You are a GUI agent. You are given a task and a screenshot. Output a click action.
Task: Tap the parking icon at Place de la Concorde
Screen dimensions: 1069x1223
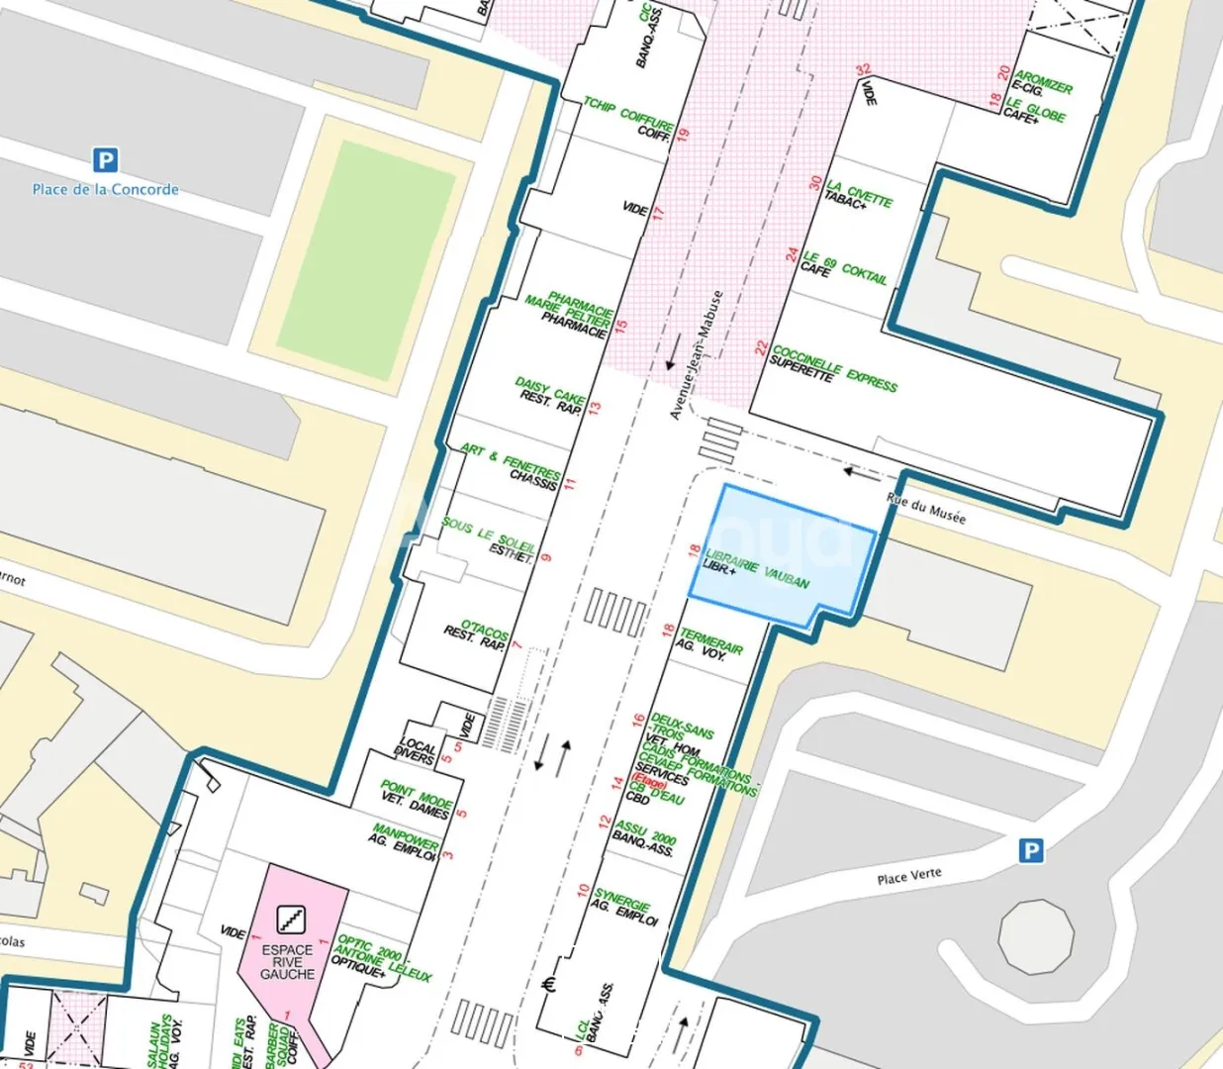105,159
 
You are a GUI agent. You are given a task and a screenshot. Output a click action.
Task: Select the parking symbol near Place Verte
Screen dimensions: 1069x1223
1031,850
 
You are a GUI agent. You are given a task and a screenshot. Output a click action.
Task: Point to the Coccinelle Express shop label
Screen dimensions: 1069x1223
833,368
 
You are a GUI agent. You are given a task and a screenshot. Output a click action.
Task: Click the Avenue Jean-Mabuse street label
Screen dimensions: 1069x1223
697,354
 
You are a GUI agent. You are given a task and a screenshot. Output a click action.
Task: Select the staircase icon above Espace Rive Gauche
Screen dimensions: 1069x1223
290,920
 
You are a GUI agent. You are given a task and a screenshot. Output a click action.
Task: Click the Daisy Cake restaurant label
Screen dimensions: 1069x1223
550,394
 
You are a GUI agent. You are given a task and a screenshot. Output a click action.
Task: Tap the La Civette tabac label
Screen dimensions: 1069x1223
858,194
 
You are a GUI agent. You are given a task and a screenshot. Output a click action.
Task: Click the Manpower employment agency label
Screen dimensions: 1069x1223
406,839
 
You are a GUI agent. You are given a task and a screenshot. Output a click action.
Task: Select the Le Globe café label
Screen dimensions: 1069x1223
1035,110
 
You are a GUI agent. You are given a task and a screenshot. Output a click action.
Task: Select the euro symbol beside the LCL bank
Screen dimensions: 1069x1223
552,984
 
